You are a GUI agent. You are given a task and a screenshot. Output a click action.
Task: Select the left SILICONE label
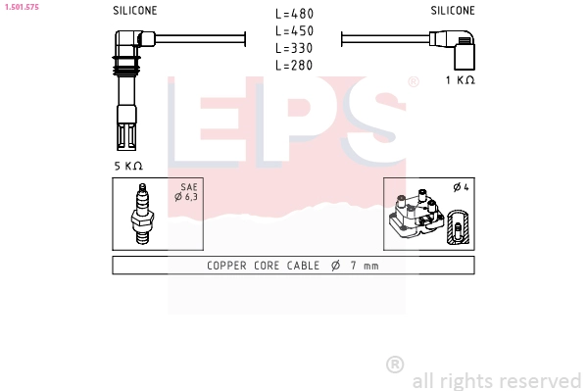(x=134, y=11)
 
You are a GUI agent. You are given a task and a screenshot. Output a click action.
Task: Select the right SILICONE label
(x=453, y=11)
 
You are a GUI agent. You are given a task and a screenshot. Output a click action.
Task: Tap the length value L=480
(x=294, y=14)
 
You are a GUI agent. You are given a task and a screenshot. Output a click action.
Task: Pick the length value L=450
(x=294, y=30)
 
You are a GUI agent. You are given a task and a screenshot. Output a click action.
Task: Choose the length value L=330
(x=294, y=48)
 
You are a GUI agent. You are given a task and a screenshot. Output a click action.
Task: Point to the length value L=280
(x=294, y=65)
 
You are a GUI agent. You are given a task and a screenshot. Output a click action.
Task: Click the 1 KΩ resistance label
(x=460, y=80)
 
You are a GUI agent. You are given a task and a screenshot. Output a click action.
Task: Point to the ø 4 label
(x=460, y=187)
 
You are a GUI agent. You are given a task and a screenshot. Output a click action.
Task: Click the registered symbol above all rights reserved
(x=395, y=364)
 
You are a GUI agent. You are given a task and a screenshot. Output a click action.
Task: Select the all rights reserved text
(x=497, y=380)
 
